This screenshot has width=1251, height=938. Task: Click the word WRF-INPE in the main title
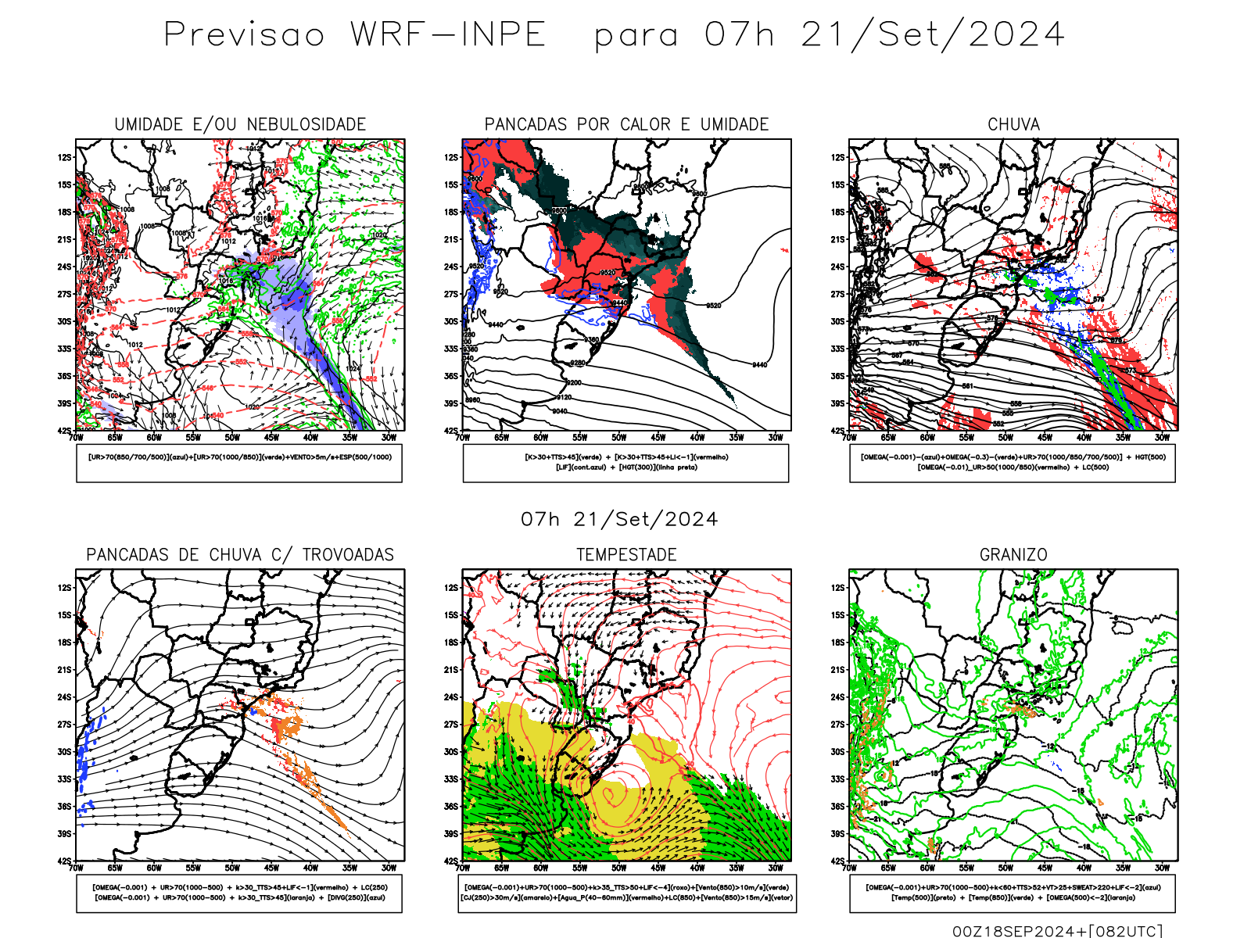pos(448,35)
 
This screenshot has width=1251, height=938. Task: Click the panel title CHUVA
pos(1013,124)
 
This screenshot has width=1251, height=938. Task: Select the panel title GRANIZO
pos(1013,555)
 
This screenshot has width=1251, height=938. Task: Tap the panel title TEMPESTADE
pos(626,555)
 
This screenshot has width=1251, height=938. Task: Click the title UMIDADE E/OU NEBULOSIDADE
pos(240,124)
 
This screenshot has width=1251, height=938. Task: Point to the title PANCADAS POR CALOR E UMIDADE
pos(626,124)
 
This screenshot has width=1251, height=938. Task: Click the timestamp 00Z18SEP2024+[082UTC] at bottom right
pos(1057,930)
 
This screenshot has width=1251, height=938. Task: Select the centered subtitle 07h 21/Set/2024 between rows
pos(619,519)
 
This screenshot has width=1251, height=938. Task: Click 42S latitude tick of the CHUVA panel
pos(838,431)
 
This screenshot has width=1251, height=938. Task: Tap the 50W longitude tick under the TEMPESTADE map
pos(618,868)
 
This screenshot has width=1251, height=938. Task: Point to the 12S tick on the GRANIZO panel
pos(838,588)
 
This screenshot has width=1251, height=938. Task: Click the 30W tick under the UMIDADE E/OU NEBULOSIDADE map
pos(389,438)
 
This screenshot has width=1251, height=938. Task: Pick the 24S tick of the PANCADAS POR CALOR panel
pos(451,267)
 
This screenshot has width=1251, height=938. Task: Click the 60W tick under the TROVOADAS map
pos(154,868)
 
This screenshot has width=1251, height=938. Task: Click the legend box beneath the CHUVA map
pos(1013,463)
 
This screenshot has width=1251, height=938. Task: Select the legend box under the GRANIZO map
pos(1013,893)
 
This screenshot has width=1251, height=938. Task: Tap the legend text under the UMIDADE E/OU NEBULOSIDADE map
pos(239,457)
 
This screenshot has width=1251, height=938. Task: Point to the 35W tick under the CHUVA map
pos(1123,438)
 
